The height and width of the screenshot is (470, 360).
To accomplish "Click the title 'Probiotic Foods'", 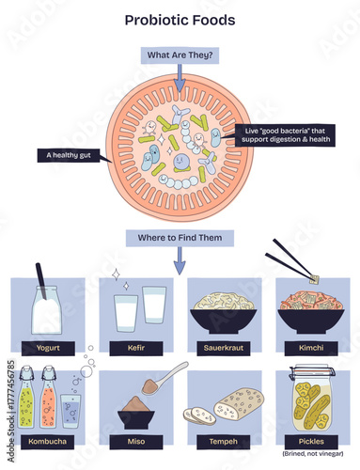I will click(x=180, y=19).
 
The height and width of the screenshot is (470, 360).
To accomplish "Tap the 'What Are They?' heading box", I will click(x=179, y=56).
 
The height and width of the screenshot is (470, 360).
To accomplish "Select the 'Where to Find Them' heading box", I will click(x=179, y=238).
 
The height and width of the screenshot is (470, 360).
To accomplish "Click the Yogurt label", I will click(x=46, y=346).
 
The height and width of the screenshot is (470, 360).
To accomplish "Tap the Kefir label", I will click(x=134, y=346).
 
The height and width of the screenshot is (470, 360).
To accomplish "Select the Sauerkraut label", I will click(x=224, y=346).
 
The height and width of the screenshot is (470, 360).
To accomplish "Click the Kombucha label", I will click(x=46, y=440).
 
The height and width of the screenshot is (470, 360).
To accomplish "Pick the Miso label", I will click(x=134, y=440).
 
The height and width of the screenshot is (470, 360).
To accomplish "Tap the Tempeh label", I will click(x=224, y=440).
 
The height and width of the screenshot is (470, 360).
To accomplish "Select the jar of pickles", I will click(x=311, y=399).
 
